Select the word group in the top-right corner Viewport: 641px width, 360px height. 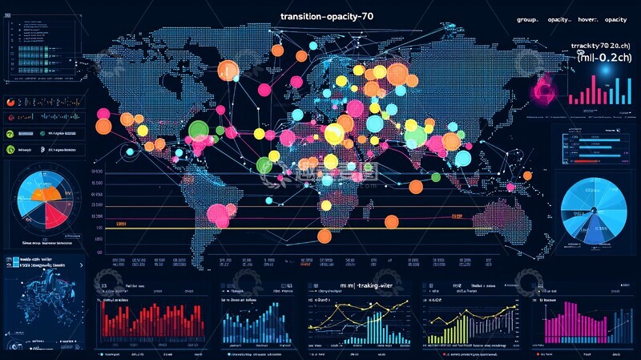(x=526, y=19)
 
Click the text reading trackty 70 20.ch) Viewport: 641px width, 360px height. (x=601, y=47)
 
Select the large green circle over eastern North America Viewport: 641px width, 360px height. (x=197, y=130)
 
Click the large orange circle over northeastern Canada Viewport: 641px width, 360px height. (x=228, y=70)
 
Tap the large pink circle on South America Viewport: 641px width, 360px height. (x=217, y=214)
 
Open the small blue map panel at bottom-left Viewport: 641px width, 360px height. (x=44, y=303)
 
